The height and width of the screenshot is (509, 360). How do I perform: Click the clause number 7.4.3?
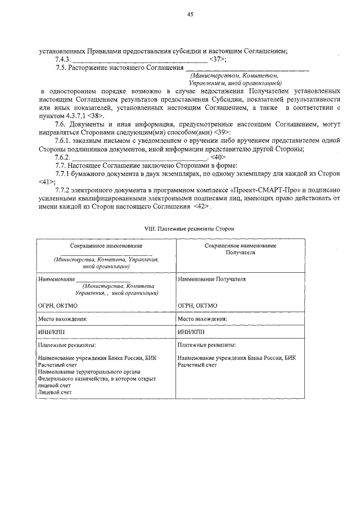(x=62, y=59)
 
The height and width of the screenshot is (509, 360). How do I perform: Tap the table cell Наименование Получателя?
(x=211, y=279)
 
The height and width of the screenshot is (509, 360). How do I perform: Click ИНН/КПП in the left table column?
(x=50, y=332)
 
